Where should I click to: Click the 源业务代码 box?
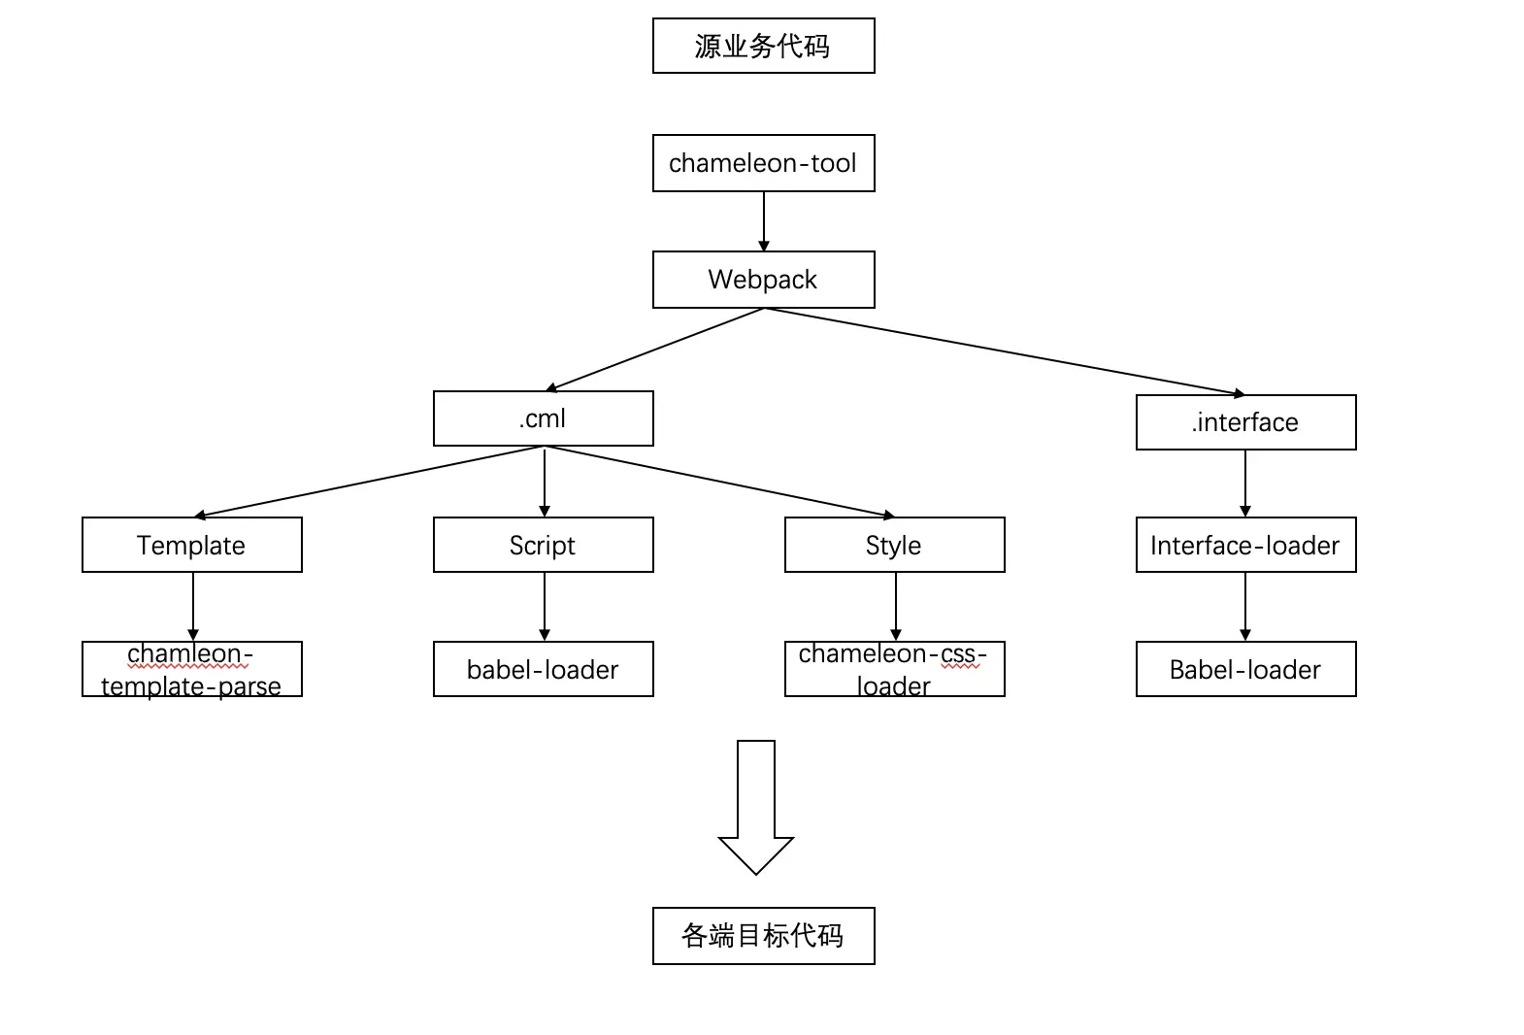pyautogui.click(x=763, y=46)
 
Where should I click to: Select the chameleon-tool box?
pyautogui.click(x=763, y=163)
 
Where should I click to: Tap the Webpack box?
pyautogui.click(x=763, y=280)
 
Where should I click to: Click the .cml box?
pyautogui.click(x=544, y=418)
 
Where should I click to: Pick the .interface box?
pyautogui.click(x=1245, y=422)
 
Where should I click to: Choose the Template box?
pyautogui.click(x=192, y=545)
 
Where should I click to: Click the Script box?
pyautogui.click(x=544, y=545)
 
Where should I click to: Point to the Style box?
pyautogui.click(x=895, y=545)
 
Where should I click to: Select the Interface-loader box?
pyautogui.click(x=1245, y=545)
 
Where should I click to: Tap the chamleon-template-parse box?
pyautogui.click(x=192, y=669)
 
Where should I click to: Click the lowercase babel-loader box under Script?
pyautogui.click(x=544, y=669)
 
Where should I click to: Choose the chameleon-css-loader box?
pyautogui.click(x=895, y=669)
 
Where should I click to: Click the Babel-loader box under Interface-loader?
pyautogui.click(x=1245, y=669)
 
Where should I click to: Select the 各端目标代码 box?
pyautogui.click(x=763, y=936)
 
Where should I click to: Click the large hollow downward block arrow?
pyautogui.click(x=756, y=807)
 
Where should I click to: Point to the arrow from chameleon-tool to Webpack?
pyautogui.click(x=763, y=221)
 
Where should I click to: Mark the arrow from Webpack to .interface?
pyautogui.click(x=1005, y=351)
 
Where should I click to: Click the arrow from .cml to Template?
pyautogui.click(x=369, y=482)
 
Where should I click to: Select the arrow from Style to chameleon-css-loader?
pyautogui.click(x=895, y=606)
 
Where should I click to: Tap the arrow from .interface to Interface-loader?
pyautogui.click(x=1245, y=484)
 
